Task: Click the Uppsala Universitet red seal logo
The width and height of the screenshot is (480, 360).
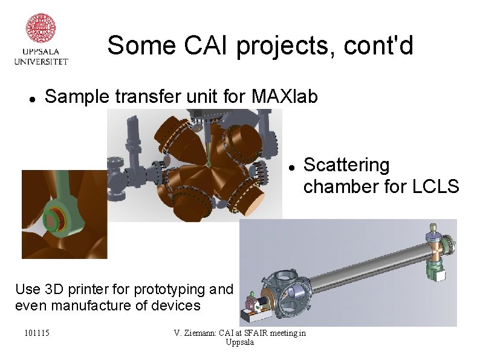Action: tap(41, 28)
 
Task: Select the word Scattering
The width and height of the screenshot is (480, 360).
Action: tap(346, 165)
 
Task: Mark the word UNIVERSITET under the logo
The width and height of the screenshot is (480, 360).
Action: tap(41, 61)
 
